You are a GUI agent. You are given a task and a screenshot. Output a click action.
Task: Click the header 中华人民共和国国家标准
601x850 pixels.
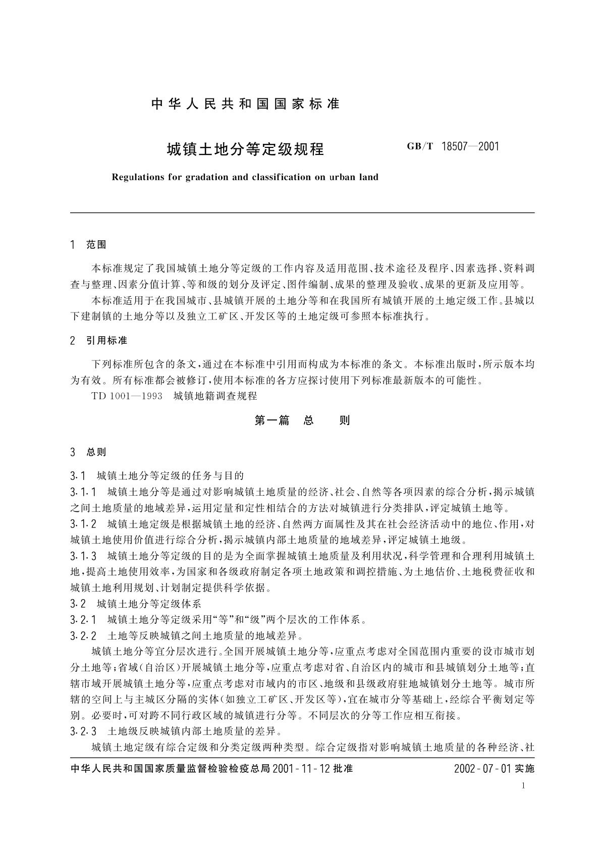tap(245, 104)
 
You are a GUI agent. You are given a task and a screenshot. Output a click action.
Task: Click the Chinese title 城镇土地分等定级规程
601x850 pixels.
tap(245, 149)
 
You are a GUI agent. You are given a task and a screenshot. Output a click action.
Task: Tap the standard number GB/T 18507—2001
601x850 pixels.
tap(452, 147)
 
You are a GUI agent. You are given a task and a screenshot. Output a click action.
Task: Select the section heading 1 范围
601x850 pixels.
tap(89, 245)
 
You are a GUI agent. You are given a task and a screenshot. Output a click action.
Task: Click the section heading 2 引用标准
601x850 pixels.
tap(99, 341)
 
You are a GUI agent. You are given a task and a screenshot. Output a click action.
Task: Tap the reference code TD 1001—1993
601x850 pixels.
tap(127, 396)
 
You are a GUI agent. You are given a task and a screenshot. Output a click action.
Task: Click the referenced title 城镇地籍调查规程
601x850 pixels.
tap(215, 396)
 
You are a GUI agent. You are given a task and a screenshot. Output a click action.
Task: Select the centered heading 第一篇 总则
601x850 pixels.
tap(302, 420)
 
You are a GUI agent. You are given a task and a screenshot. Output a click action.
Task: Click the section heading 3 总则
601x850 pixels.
tap(89, 452)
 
